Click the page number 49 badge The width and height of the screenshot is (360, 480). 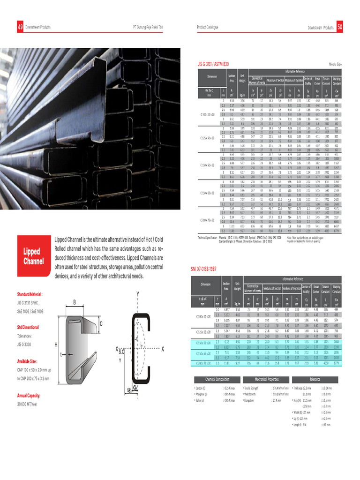pos(20,28)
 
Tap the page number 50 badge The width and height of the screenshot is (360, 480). pos(340,28)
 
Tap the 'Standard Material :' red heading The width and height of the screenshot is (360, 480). pos(30,295)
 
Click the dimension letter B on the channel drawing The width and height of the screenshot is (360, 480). pos(74,302)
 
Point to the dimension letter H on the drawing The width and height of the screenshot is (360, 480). pos(56,345)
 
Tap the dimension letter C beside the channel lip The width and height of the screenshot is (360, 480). pos(101,324)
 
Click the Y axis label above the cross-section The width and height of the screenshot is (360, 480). pos(138,294)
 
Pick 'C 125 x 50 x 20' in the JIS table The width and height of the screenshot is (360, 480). pos(206,140)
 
